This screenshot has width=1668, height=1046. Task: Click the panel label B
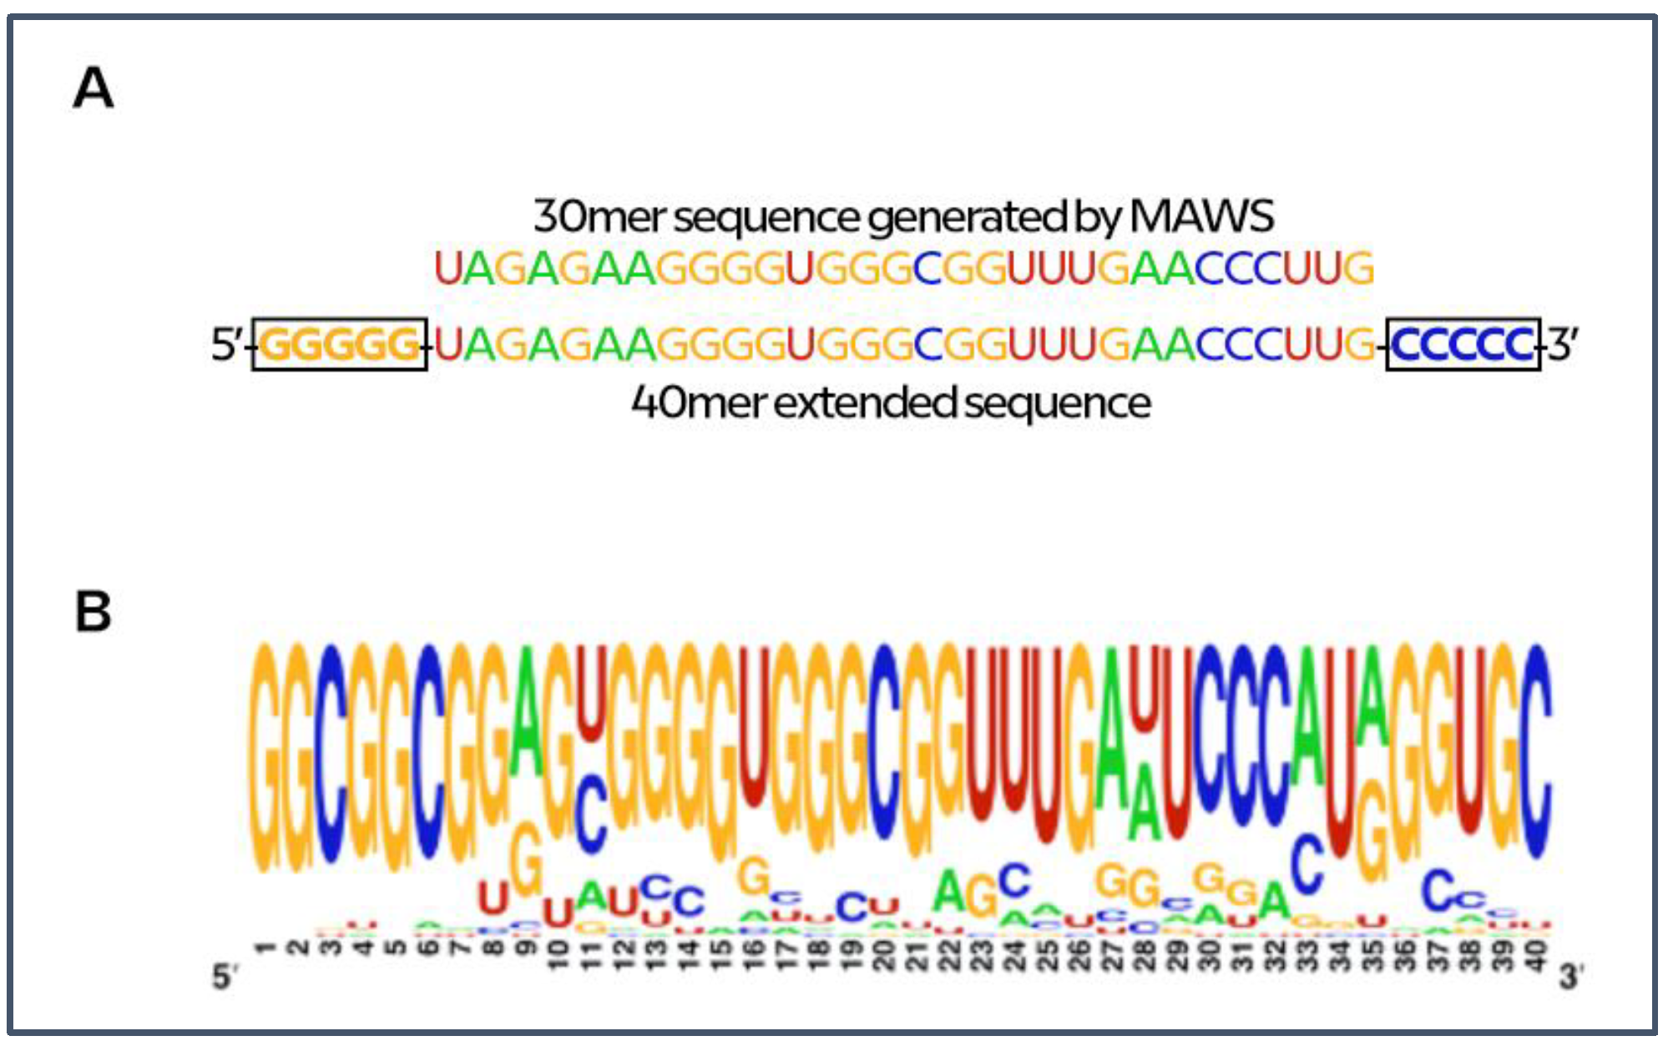tap(93, 612)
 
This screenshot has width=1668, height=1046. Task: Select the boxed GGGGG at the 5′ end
tap(340, 344)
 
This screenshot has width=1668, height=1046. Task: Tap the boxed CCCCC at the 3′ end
tap(1463, 344)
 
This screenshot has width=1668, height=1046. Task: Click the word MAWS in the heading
tap(1201, 216)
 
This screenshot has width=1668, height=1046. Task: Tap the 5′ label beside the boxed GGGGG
tap(227, 344)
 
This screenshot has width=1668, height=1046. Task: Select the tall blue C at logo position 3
tap(331, 751)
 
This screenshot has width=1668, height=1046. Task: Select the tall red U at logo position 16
tap(754, 726)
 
